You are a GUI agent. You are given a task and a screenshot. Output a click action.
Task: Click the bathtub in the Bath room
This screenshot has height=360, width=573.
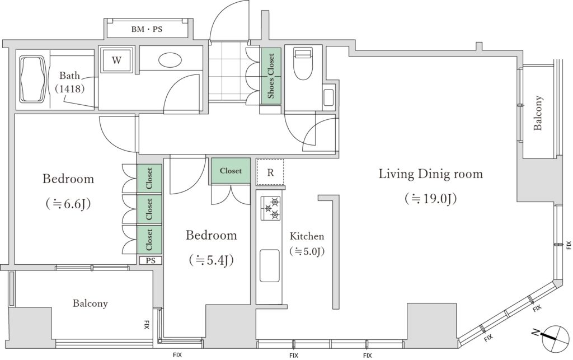click(x=34, y=80)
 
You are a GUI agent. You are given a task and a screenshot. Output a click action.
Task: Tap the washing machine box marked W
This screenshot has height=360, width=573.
click(x=116, y=60)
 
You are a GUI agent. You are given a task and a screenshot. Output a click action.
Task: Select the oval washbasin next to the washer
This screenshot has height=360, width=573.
click(x=171, y=60)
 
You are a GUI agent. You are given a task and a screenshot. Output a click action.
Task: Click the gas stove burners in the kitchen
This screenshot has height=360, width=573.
click(x=271, y=208)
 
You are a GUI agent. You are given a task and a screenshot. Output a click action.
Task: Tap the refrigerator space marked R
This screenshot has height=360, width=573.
click(x=270, y=172)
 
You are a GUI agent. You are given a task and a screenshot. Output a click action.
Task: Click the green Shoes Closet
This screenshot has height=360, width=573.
click(x=271, y=76)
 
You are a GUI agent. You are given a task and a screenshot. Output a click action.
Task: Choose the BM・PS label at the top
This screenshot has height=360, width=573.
click(x=147, y=29)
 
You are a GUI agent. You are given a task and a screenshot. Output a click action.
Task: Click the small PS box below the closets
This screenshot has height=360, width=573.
click(x=151, y=260)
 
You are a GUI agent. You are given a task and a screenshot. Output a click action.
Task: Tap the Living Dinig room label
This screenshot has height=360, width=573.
click(x=430, y=174)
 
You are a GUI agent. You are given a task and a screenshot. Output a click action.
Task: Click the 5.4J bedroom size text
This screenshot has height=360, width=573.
click(x=211, y=260)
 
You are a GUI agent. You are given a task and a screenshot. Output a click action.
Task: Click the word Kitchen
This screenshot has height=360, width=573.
click(x=307, y=236)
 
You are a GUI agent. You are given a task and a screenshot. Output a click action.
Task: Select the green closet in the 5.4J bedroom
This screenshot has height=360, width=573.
click(x=231, y=171)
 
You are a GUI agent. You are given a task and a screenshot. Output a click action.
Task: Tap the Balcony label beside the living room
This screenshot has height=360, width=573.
click(x=538, y=113)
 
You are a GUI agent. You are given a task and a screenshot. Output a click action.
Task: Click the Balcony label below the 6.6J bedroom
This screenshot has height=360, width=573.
click(x=90, y=303)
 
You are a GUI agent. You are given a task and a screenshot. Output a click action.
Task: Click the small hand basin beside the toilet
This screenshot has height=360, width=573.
click(x=328, y=97)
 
